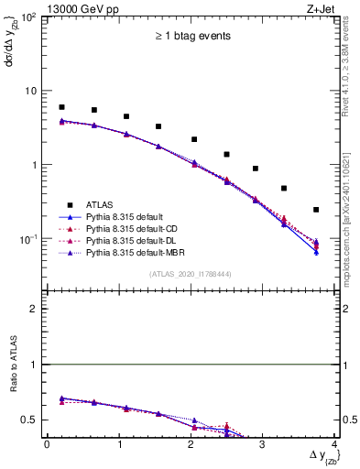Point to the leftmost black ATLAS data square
coord(61,107)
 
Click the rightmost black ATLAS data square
coord(316,210)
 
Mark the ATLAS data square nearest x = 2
coord(194,139)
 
